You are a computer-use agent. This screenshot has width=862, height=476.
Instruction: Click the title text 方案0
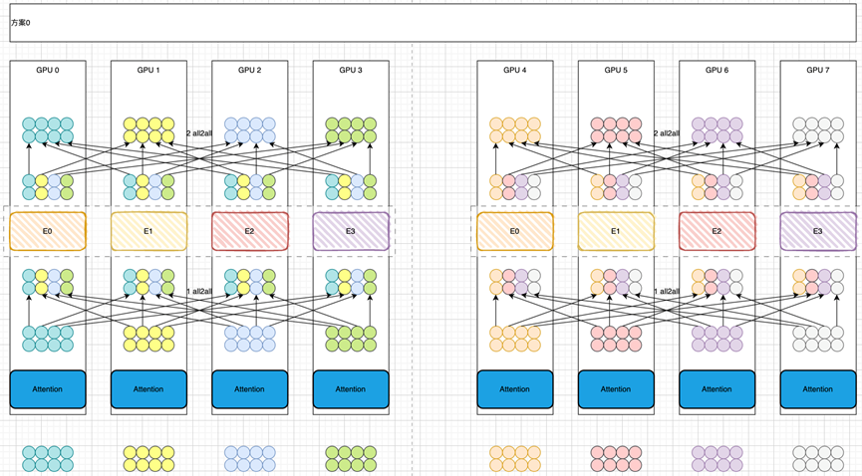point(21,22)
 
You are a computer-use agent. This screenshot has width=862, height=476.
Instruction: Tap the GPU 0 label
point(48,71)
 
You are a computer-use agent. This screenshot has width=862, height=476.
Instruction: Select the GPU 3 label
point(350,71)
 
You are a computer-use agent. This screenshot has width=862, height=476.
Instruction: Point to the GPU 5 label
point(615,71)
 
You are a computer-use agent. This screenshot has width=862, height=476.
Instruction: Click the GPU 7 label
point(816,71)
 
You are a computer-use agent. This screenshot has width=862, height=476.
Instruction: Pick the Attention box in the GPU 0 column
point(48,389)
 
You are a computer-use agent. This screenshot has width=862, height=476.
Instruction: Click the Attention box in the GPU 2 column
point(249,389)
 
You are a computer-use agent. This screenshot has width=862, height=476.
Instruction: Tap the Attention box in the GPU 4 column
point(514,389)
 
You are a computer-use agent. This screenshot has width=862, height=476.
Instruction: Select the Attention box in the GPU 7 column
point(817,389)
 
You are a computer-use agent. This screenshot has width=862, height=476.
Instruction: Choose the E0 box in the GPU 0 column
point(48,231)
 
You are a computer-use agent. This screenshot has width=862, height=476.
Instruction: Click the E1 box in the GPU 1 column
point(148,231)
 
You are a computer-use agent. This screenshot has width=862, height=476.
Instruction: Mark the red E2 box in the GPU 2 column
point(249,231)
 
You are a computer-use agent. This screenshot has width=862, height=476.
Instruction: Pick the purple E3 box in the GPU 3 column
point(350,231)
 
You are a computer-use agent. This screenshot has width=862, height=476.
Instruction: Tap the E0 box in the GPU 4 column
point(514,231)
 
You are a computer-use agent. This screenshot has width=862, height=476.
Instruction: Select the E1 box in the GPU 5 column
point(616,231)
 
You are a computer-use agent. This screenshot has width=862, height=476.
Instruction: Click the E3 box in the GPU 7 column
point(817,231)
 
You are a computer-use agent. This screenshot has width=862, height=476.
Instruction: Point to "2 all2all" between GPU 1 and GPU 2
point(199,133)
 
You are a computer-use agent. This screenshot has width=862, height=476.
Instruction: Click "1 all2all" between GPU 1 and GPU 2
point(199,291)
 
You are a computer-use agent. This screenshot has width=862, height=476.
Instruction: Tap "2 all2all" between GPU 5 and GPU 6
point(667,133)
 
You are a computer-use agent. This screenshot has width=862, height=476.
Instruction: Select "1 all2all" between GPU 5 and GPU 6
point(667,291)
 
